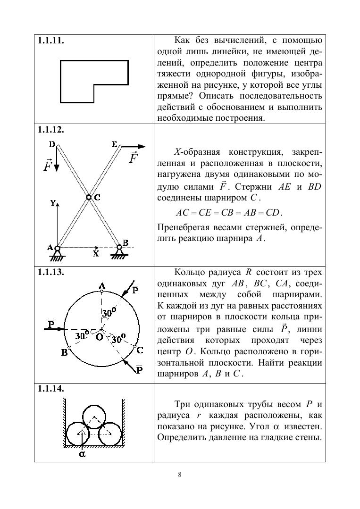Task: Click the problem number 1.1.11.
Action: [51, 41]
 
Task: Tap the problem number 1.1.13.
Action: [51, 272]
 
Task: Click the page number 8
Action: [180, 475]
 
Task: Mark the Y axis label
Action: [53, 203]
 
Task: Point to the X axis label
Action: [96, 253]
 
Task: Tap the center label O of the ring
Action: [99, 337]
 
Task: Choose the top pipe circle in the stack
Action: [94, 417]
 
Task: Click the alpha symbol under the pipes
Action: [82, 454]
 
